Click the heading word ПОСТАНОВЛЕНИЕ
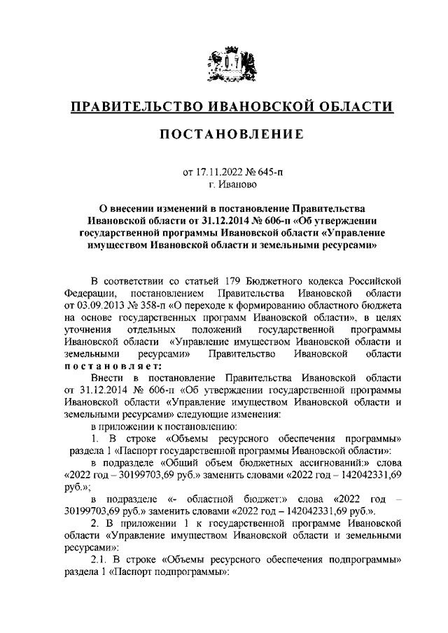pos(223,135)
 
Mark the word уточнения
pos(85,329)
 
